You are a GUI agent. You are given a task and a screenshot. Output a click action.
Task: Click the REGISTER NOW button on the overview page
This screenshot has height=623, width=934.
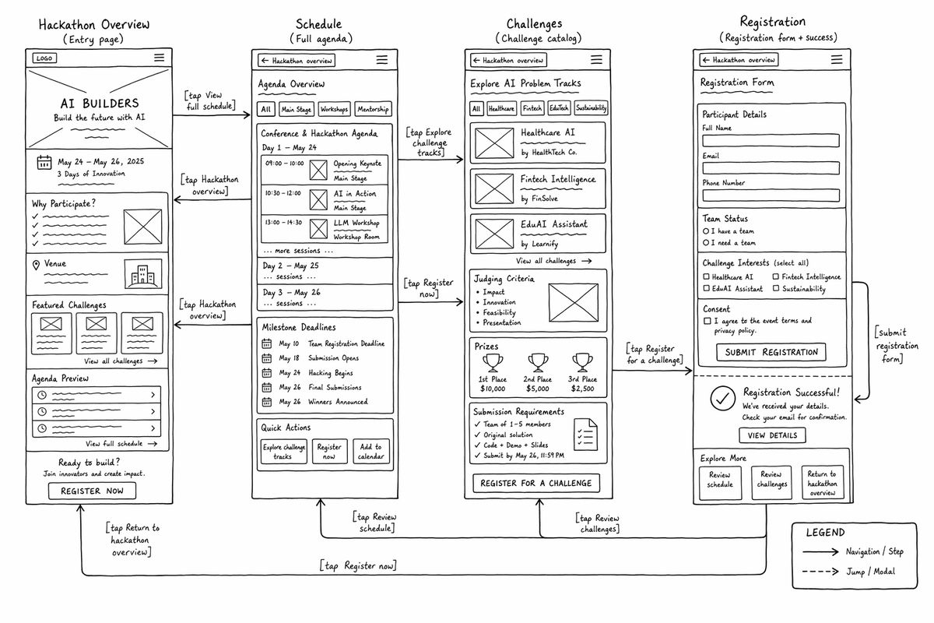click(92, 491)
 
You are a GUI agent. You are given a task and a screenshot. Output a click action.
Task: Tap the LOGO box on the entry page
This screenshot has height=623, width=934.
click(44, 58)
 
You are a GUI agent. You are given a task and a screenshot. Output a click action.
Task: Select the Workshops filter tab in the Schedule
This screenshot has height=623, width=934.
click(334, 109)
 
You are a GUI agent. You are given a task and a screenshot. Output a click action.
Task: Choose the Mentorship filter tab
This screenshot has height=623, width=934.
click(373, 109)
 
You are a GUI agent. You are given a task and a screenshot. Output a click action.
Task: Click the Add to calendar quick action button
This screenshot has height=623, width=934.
click(371, 451)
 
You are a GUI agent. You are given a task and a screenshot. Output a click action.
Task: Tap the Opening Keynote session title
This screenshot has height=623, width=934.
click(357, 164)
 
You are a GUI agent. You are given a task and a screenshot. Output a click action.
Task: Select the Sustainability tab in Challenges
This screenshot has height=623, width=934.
click(591, 107)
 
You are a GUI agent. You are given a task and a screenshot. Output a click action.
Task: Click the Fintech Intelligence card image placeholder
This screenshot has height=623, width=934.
click(494, 188)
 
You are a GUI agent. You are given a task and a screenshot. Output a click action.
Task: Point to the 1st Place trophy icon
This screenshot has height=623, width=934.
click(493, 363)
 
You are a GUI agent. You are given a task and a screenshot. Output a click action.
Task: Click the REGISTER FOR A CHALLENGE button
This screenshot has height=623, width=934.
click(536, 483)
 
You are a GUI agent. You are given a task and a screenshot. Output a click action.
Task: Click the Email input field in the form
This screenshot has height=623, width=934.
click(771, 167)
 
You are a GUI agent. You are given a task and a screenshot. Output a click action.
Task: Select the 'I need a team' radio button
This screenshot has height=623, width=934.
click(706, 242)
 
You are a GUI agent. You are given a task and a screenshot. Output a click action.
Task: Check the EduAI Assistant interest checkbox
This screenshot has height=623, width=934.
click(707, 288)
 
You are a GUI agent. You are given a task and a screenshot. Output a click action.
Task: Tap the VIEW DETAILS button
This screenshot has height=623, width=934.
click(772, 435)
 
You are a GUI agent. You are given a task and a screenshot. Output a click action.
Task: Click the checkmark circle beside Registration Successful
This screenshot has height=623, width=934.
click(722, 398)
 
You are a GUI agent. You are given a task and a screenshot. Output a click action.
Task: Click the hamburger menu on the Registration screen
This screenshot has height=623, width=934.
click(837, 60)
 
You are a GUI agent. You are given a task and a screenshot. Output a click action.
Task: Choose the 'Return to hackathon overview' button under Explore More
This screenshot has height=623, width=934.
click(823, 483)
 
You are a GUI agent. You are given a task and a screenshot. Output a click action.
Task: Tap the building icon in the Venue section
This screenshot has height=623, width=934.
click(142, 274)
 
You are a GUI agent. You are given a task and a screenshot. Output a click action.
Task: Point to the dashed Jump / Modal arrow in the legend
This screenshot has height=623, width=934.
click(820, 572)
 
